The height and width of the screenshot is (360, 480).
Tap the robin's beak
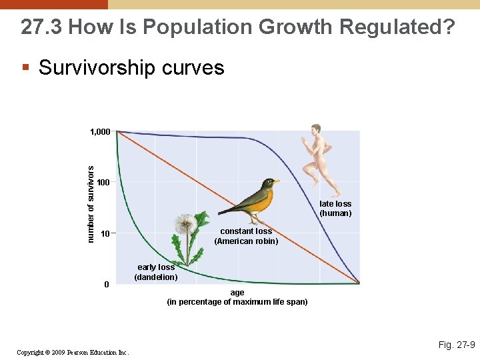click(x=276, y=181)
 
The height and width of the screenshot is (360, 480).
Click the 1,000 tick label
click(x=100, y=132)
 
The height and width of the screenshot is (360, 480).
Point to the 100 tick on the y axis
click(x=103, y=183)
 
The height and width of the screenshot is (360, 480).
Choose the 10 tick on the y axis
click(x=105, y=234)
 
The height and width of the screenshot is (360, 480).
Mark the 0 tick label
click(x=106, y=285)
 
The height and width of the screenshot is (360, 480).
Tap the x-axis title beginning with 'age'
click(x=237, y=297)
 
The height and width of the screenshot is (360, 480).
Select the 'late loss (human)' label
click(x=335, y=209)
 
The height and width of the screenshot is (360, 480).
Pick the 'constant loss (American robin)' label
click(x=246, y=236)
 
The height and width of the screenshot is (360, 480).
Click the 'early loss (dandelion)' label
click(x=156, y=272)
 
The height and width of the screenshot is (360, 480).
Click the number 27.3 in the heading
click(x=41, y=27)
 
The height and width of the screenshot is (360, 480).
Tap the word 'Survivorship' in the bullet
click(x=101, y=67)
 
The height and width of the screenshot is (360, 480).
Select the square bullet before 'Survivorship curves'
click(x=26, y=67)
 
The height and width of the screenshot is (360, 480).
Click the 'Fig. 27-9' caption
click(x=457, y=345)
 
